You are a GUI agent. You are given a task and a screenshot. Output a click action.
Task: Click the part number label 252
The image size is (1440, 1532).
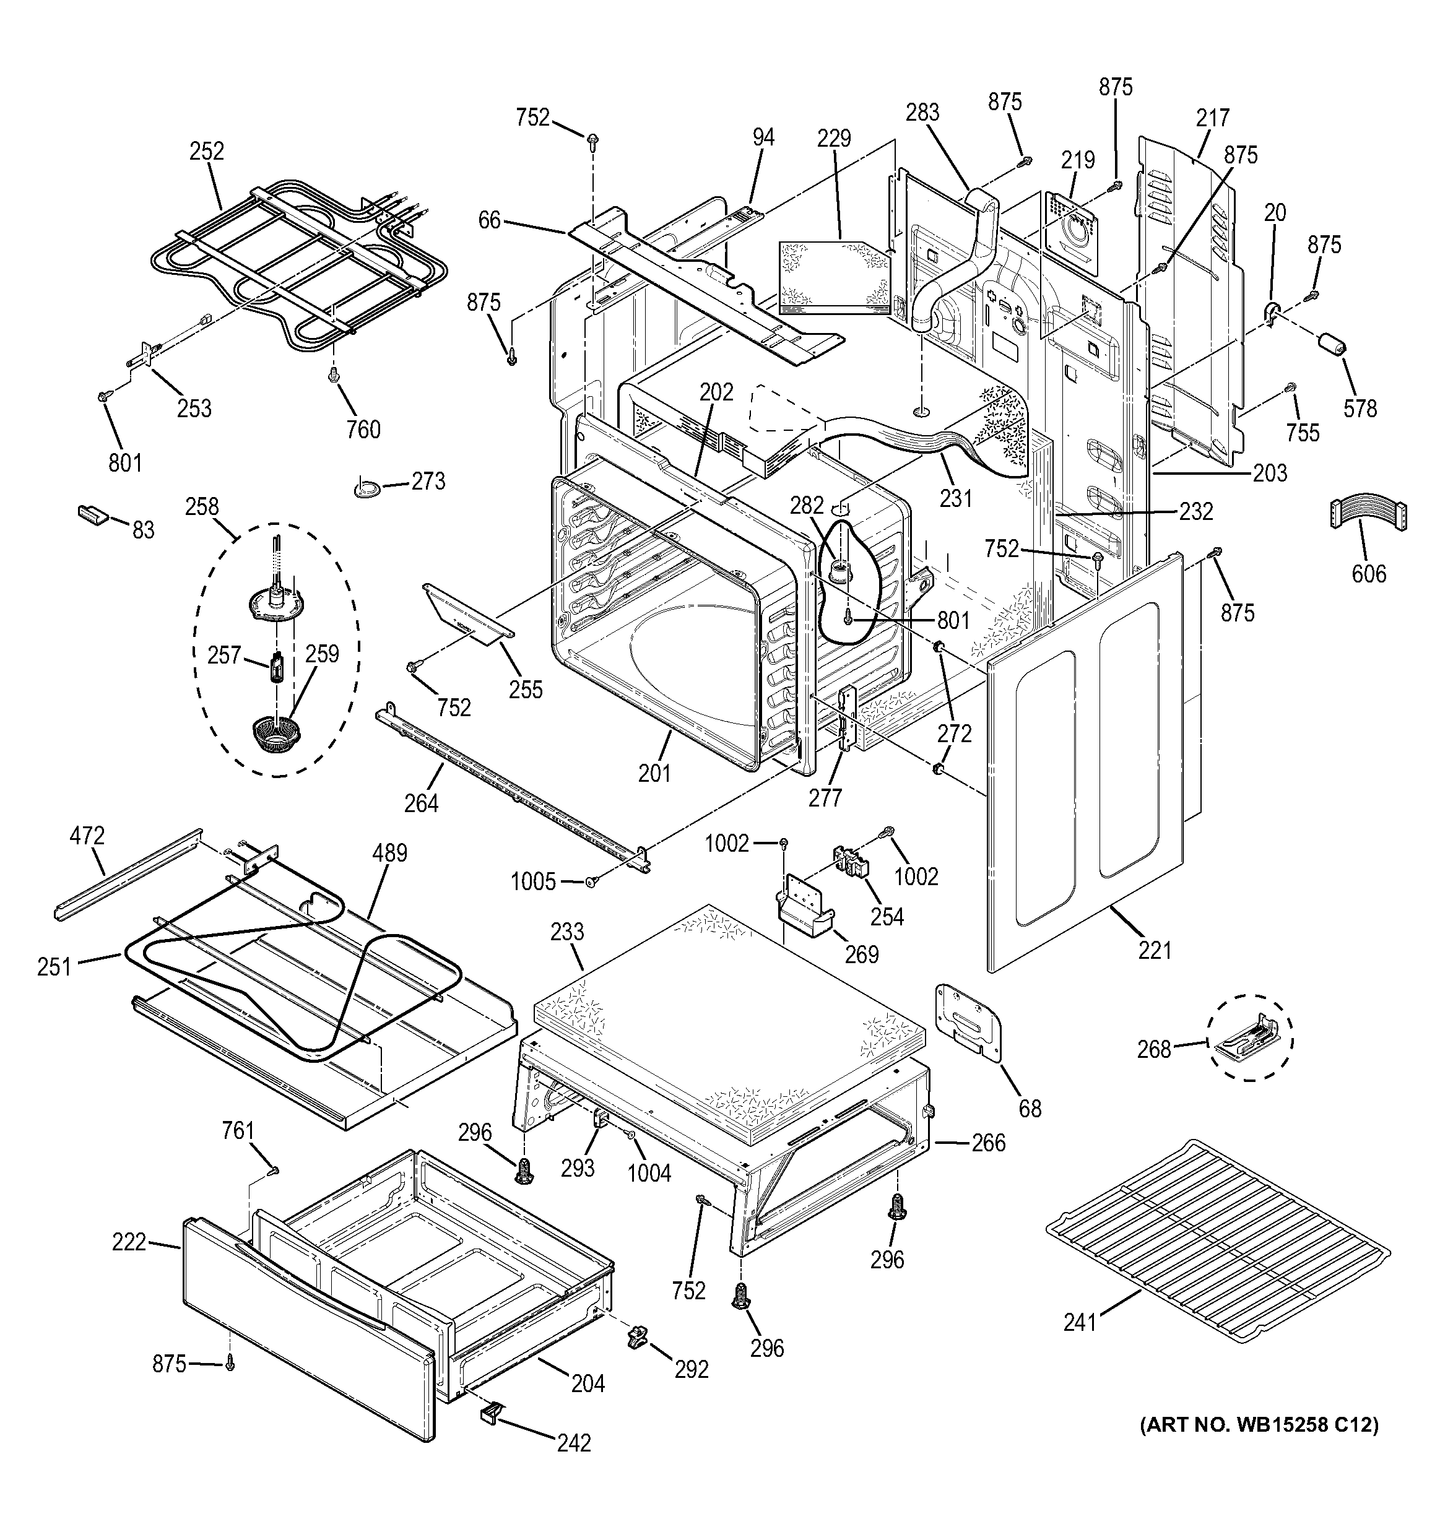[x=207, y=151]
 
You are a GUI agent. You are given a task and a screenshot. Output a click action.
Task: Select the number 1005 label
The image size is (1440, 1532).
[x=532, y=881]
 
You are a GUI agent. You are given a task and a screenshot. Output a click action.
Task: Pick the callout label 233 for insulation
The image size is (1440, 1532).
[x=566, y=932]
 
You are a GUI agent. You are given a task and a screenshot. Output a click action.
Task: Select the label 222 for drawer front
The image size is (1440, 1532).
[x=129, y=1242]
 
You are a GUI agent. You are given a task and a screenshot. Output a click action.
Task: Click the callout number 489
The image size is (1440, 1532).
[x=389, y=853]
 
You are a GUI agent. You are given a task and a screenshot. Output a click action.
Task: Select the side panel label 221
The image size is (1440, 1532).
[x=1154, y=950]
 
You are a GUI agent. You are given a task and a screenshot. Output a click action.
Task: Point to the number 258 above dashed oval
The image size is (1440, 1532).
[x=202, y=506]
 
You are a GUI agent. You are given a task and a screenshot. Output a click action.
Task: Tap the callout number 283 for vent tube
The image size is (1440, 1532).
[x=922, y=113]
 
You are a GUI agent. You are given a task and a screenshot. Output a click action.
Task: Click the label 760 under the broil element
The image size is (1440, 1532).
[x=363, y=428]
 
